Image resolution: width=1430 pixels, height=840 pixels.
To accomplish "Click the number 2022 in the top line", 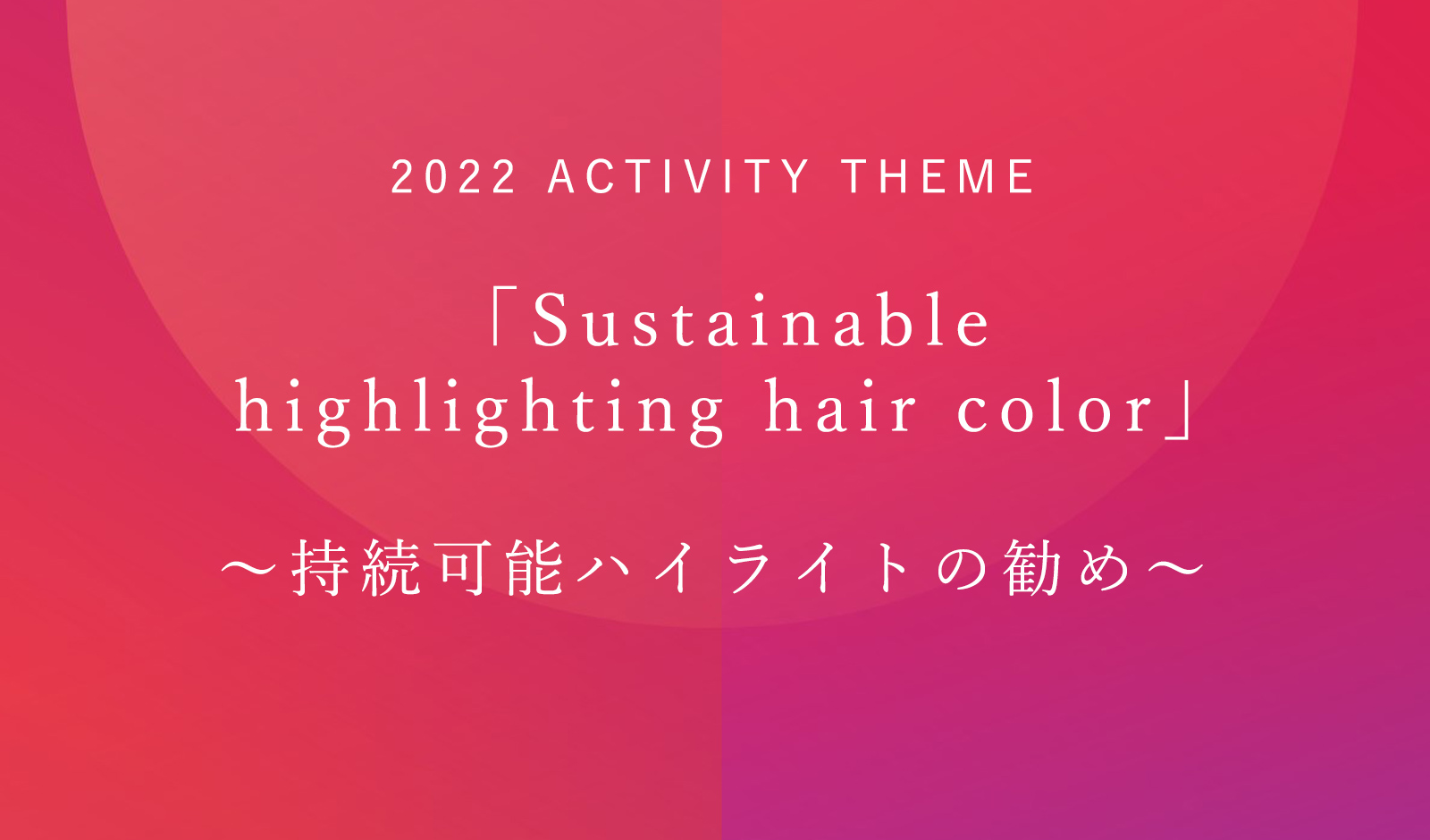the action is click(453, 176).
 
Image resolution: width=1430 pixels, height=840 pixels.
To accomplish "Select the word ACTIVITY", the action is click(678, 176).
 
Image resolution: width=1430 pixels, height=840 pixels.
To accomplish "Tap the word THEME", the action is click(938, 176).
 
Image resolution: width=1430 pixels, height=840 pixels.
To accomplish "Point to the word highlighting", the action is click(479, 412).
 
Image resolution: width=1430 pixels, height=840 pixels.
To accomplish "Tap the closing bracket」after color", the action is click(1178, 410).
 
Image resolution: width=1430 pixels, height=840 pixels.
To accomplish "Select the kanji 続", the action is click(391, 568).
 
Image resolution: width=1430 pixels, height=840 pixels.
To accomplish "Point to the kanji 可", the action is click(462, 568).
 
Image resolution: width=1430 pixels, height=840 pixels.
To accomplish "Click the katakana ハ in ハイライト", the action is click(606, 568).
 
